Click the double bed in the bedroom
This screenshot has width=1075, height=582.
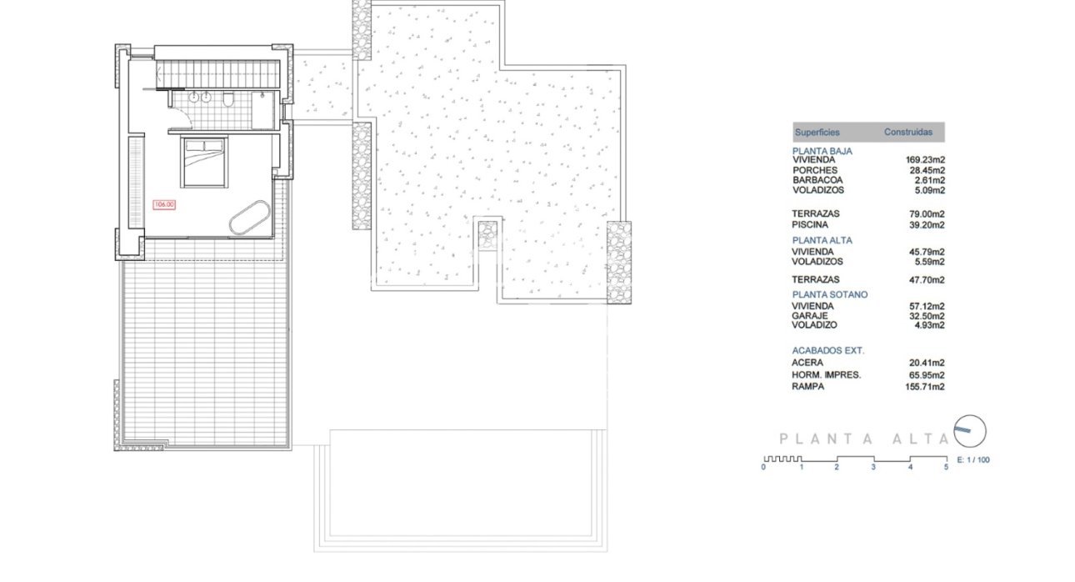click(x=203, y=163)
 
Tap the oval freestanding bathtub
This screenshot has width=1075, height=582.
click(x=249, y=218)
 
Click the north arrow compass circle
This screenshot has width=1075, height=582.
click(x=970, y=430)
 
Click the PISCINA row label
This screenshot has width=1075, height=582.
click(x=809, y=225)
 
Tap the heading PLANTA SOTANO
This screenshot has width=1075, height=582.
click(x=829, y=295)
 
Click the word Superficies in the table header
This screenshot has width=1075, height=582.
click(x=817, y=133)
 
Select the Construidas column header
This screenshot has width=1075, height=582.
click(x=908, y=133)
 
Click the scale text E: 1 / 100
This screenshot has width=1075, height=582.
click(x=972, y=460)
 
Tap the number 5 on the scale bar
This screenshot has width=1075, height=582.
click(x=946, y=469)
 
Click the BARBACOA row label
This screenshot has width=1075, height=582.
click(x=817, y=180)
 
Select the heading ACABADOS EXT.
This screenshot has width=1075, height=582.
click(x=827, y=351)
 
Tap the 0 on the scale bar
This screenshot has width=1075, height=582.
click(x=763, y=469)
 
